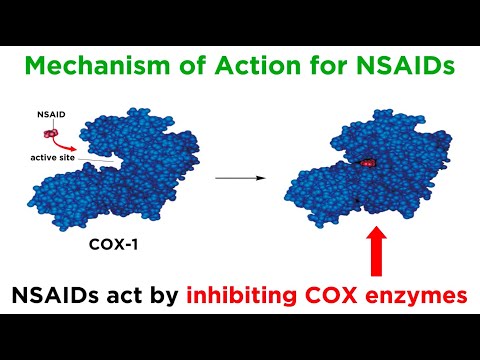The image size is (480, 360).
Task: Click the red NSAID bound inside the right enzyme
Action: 368,161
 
